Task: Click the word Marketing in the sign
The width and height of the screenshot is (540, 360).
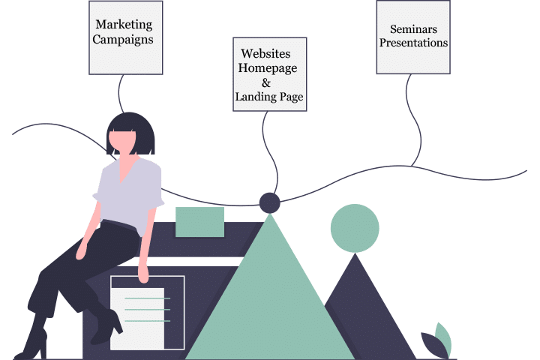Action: tap(125, 25)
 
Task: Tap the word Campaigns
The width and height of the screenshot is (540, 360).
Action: tap(125, 40)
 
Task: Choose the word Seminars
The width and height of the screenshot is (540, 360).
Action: tap(413, 29)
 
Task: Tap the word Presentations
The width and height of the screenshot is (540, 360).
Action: tap(413, 43)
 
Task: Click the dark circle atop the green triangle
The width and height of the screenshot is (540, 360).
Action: tap(269, 202)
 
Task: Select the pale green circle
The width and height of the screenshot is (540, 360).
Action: tap(355, 227)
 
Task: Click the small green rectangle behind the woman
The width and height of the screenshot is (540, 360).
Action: tap(199, 222)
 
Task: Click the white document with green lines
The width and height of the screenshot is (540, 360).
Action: tap(148, 311)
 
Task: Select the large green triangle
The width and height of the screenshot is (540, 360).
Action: tap(270, 300)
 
